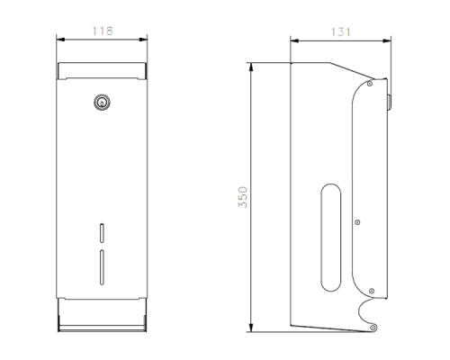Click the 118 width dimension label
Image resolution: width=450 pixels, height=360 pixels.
pyautogui.click(x=103, y=31)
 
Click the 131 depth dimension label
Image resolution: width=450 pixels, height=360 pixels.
pyautogui.click(x=340, y=32)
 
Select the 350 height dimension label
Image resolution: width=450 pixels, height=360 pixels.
pyautogui.click(x=243, y=197)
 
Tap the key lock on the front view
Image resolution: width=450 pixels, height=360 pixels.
pyautogui.click(x=102, y=103)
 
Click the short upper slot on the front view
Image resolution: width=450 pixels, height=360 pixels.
pyautogui.click(x=102, y=233)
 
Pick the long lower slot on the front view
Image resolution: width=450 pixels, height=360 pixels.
pyautogui.click(x=102, y=267)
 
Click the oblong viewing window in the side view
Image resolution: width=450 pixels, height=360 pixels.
pyautogui.click(x=331, y=238)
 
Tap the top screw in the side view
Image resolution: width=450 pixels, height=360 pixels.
pyautogui.click(x=370, y=84)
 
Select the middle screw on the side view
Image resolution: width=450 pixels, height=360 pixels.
pyautogui.click(x=357, y=222)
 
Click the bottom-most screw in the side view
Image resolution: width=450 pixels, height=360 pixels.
pyautogui.click(x=373, y=328)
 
